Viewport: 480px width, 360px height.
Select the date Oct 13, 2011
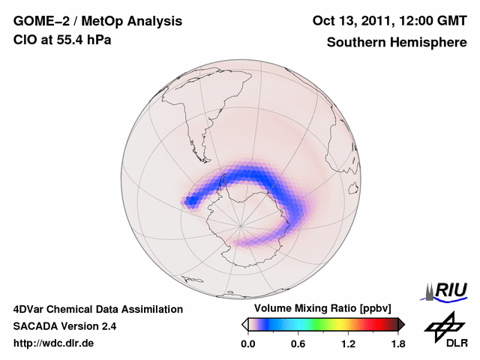tap(353, 22)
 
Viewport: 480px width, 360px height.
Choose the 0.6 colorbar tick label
tap(298, 344)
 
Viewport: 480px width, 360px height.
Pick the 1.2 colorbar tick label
tap(348, 344)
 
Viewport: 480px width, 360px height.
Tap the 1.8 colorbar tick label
tap(398, 344)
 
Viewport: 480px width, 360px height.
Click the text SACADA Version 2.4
tap(64, 326)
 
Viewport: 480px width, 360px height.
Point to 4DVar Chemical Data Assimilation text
tap(97, 309)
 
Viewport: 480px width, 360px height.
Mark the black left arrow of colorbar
tap(244, 324)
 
